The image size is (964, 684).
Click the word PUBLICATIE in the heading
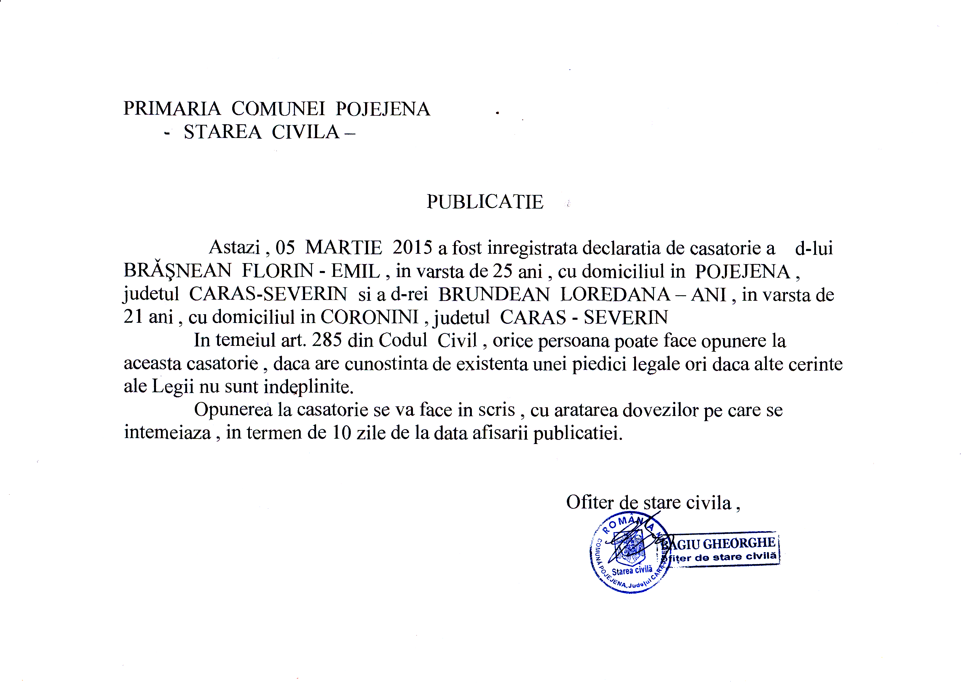click(485, 202)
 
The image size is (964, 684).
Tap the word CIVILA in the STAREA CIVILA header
click(305, 132)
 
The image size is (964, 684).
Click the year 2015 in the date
click(412, 248)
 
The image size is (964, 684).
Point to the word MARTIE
click(344, 248)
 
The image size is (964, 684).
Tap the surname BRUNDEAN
click(494, 294)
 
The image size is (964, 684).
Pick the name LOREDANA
click(615, 294)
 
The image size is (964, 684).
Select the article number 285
click(327, 340)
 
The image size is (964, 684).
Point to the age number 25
click(502, 271)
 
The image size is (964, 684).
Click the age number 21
click(133, 317)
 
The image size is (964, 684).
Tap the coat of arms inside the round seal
click(629, 548)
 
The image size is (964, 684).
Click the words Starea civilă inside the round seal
click(632, 571)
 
